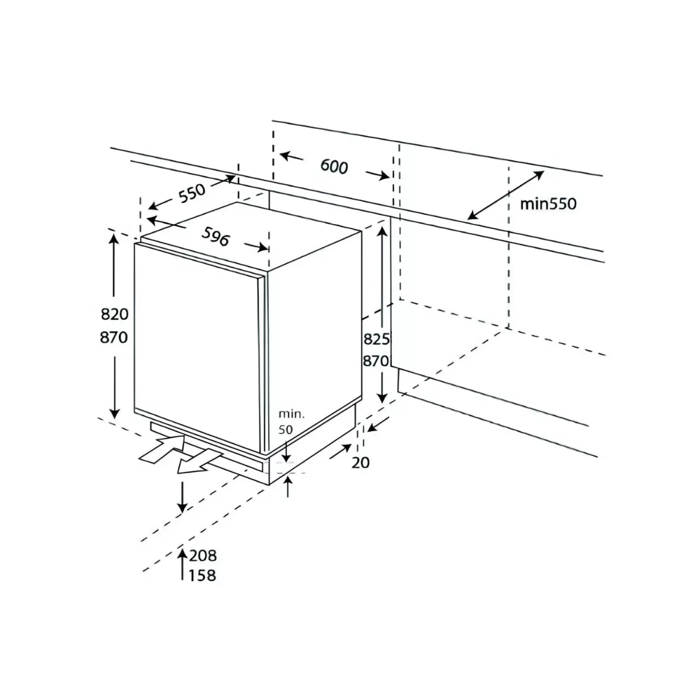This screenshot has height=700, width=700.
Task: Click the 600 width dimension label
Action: point(334,167)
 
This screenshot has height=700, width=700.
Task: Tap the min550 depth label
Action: point(548,204)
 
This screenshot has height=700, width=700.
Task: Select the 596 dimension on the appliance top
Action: point(216,238)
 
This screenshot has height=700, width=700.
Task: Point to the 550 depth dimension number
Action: point(191,192)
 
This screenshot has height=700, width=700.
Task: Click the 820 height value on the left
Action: point(114,314)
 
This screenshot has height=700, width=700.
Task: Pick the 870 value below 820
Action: point(114,337)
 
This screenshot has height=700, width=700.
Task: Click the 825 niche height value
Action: point(376,339)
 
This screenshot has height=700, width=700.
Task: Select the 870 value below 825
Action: point(376,362)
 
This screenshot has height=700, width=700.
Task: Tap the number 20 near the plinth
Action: point(361,462)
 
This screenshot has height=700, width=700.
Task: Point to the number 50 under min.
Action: point(287,429)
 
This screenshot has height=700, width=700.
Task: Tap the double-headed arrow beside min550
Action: point(505,195)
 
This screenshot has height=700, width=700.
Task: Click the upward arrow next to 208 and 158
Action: point(182,564)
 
